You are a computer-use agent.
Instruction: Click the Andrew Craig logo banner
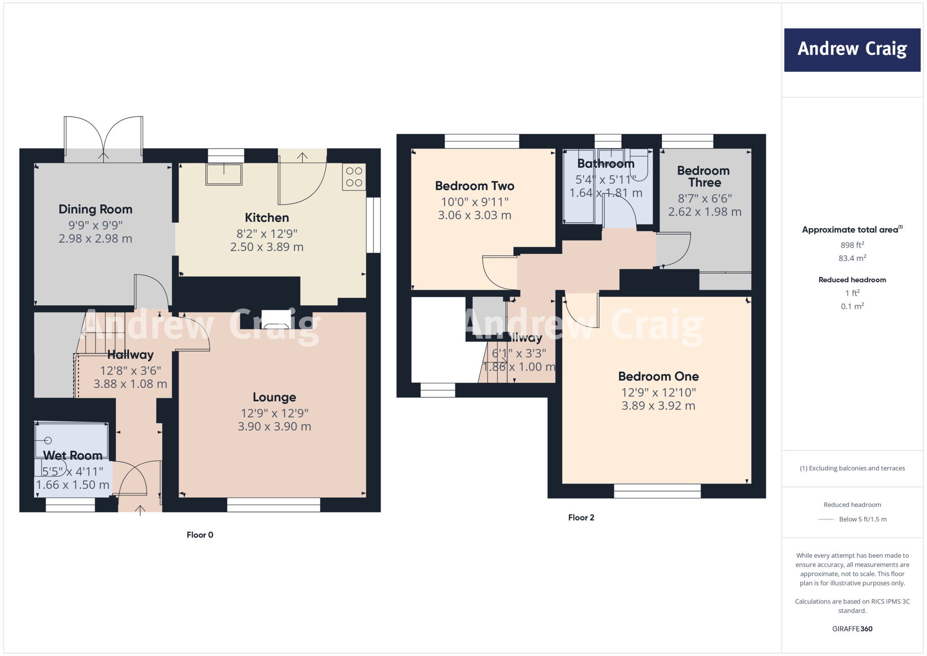click(x=852, y=50)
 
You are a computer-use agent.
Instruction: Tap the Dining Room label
click(x=96, y=209)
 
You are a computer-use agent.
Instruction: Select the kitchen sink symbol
click(x=224, y=174)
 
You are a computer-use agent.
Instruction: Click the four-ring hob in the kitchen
click(x=354, y=177)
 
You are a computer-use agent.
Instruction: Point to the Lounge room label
click(x=274, y=397)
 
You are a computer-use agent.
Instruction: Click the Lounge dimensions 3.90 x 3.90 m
click(x=274, y=426)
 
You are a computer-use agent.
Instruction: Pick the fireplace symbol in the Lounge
click(x=276, y=320)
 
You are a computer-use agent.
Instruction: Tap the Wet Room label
click(x=72, y=455)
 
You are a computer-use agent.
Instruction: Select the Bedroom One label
click(x=658, y=376)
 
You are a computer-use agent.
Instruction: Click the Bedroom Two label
click(x=474, y=186)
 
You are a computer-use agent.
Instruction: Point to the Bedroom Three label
click(x=704, y=177)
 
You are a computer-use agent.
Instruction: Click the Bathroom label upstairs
click(x=606, y=164)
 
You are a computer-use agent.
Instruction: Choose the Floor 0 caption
click(x=200, y=535)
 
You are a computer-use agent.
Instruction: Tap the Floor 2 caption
click(x=581, y=517)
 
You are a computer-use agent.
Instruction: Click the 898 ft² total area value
click(x=852, y=245)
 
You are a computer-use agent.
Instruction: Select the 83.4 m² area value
click(x=852, y=258)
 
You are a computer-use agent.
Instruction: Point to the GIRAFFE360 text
click(x=852, y=629)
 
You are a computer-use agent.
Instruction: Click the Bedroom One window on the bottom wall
click(x=657, y=491)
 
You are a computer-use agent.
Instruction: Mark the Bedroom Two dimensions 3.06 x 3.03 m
click(x=474, y=215)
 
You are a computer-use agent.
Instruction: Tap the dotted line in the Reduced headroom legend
click(x=826, y=520)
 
